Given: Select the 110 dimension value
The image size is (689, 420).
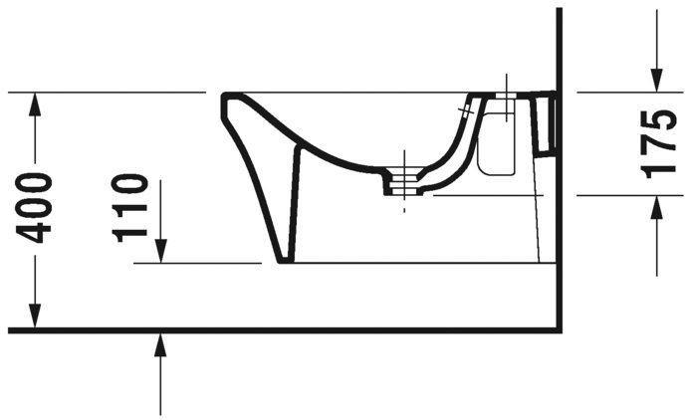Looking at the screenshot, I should tap(130, 208).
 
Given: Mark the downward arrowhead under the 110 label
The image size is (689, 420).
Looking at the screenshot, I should tap(160, 254).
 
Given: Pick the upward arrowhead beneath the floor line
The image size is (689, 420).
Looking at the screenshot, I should tap(160, 344).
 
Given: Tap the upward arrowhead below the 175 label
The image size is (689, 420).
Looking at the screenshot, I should tap(657, 205).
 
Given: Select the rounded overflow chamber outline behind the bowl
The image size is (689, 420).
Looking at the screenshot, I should tap(497, 145).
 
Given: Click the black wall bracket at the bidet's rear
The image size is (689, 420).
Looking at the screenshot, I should tap(546, 123).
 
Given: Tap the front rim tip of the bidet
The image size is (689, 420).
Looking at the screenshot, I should tap(226, 98).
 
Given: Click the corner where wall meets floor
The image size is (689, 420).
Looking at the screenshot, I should tap(560, 328).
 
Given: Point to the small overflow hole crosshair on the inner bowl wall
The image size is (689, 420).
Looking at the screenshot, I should tap(468, 107).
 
